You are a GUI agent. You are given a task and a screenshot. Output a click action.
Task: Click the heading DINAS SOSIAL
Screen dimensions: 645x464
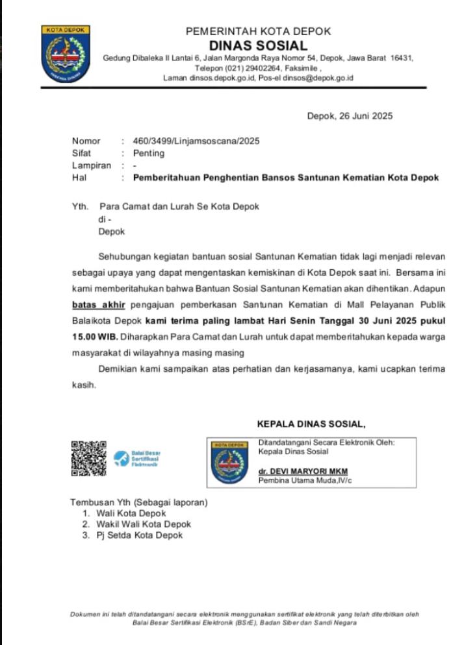[x=258, y=45]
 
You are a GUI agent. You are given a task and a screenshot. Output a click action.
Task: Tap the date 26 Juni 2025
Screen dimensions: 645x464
[x=365, y=117]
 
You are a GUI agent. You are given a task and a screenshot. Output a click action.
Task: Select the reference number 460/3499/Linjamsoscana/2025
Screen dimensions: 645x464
[x=196, y=141]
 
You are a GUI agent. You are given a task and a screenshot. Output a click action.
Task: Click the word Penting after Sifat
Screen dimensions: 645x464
[x=149, y=154]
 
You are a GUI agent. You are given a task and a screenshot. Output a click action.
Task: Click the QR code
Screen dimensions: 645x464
[x=88, y=459]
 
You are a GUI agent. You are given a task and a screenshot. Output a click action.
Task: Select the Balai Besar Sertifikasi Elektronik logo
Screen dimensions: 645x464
[x=137, y=458]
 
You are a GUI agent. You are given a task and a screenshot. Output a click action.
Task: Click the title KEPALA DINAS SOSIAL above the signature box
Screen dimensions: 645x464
[x=311, y=424]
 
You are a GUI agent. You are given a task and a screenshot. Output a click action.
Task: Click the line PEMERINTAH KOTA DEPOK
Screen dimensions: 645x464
[x=258, y=31]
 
